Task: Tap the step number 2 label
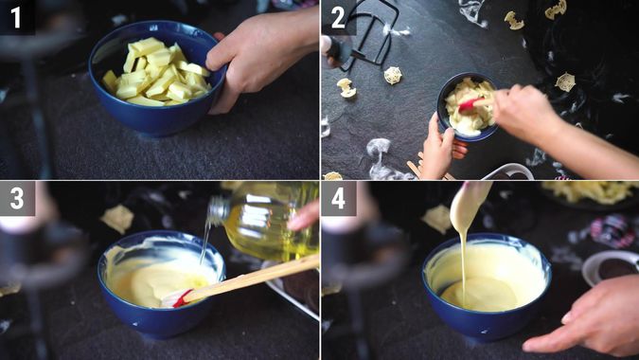click(x=338, y=17)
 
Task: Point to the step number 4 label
click(x=338, y=198)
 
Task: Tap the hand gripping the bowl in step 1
click(x=256, y=57)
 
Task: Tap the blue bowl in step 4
click(x=483, y=317)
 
